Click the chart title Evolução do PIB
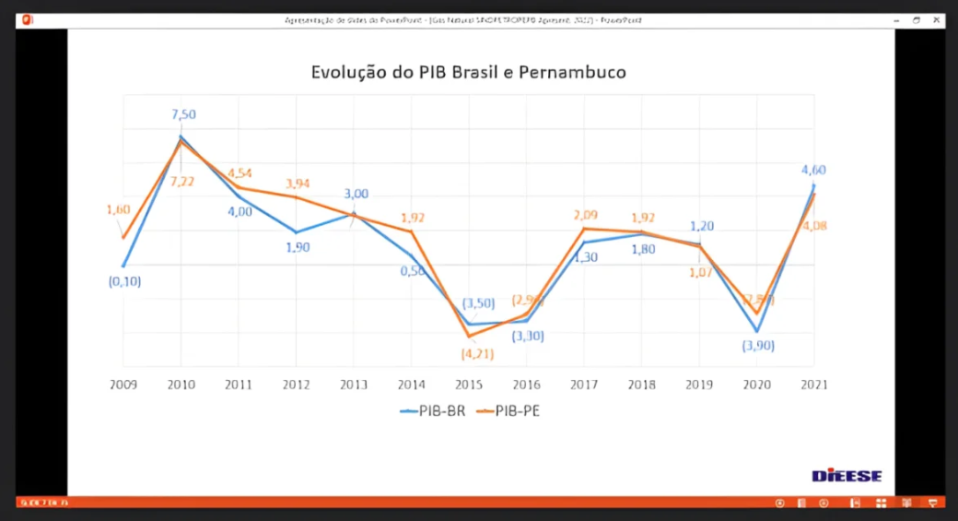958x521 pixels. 468,72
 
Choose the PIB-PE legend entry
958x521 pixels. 508,411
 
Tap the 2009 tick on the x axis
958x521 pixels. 123,385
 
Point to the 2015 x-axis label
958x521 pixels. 468,385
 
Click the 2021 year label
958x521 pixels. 813,385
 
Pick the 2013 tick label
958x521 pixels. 354,385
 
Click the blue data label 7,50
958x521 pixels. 183,114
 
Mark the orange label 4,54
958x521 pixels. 239,172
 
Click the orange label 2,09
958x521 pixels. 585,216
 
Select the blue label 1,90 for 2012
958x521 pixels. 297,247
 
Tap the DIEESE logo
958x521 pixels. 847,476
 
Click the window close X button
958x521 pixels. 936,19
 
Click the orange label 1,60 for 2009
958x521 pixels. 118,209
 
